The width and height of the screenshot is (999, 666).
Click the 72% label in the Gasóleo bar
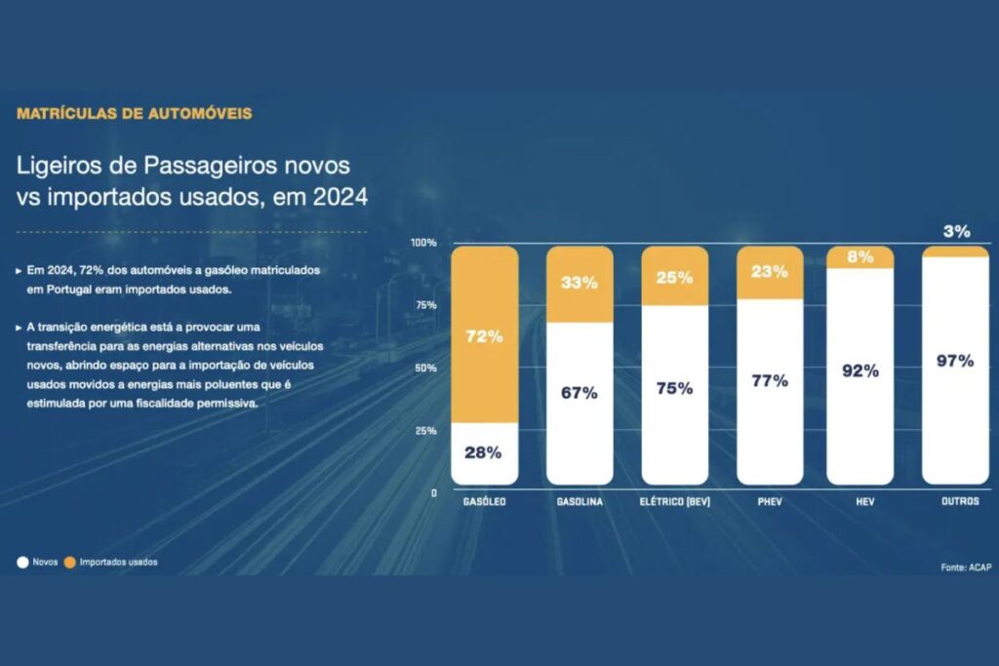[484, 336]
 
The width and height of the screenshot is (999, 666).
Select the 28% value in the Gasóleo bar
[484, 452]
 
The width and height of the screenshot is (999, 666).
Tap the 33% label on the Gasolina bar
[579, 284]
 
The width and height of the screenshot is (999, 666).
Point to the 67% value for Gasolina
[579, 393]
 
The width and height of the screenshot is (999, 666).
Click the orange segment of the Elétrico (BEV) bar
[674, 277]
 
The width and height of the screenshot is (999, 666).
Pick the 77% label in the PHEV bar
[770, 380]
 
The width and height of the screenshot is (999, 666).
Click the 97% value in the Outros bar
[955, 361]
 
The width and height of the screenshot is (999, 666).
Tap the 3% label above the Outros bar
[956, 231]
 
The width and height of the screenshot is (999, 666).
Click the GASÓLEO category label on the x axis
[484, 502]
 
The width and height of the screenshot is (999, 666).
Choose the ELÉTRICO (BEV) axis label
[674, 502]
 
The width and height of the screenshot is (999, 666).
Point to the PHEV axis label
[770, 502]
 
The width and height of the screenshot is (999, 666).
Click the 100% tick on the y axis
[423, 242]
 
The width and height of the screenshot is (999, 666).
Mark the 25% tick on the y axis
[425, 431]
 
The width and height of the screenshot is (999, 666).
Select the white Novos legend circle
[21, 563]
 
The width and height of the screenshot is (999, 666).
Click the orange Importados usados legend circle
[69, 563]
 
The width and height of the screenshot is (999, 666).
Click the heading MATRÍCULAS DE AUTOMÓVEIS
[134, 113]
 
